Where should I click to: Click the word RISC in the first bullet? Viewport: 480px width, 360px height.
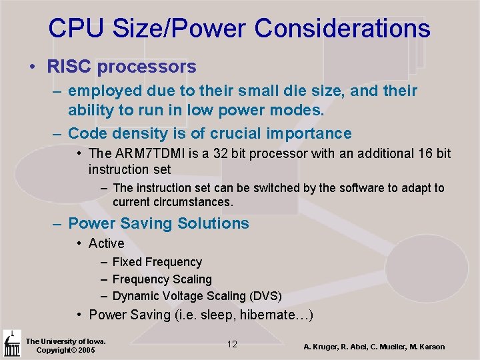[69, 67]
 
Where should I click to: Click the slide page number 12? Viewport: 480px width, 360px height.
[232, 344]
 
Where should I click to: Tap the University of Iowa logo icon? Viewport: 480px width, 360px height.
[11, 344]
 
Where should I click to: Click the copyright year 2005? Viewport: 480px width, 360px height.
[85, 350]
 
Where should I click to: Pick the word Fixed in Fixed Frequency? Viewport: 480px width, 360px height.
[127, 262]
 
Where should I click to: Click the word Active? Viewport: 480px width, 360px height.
[106, 243]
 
